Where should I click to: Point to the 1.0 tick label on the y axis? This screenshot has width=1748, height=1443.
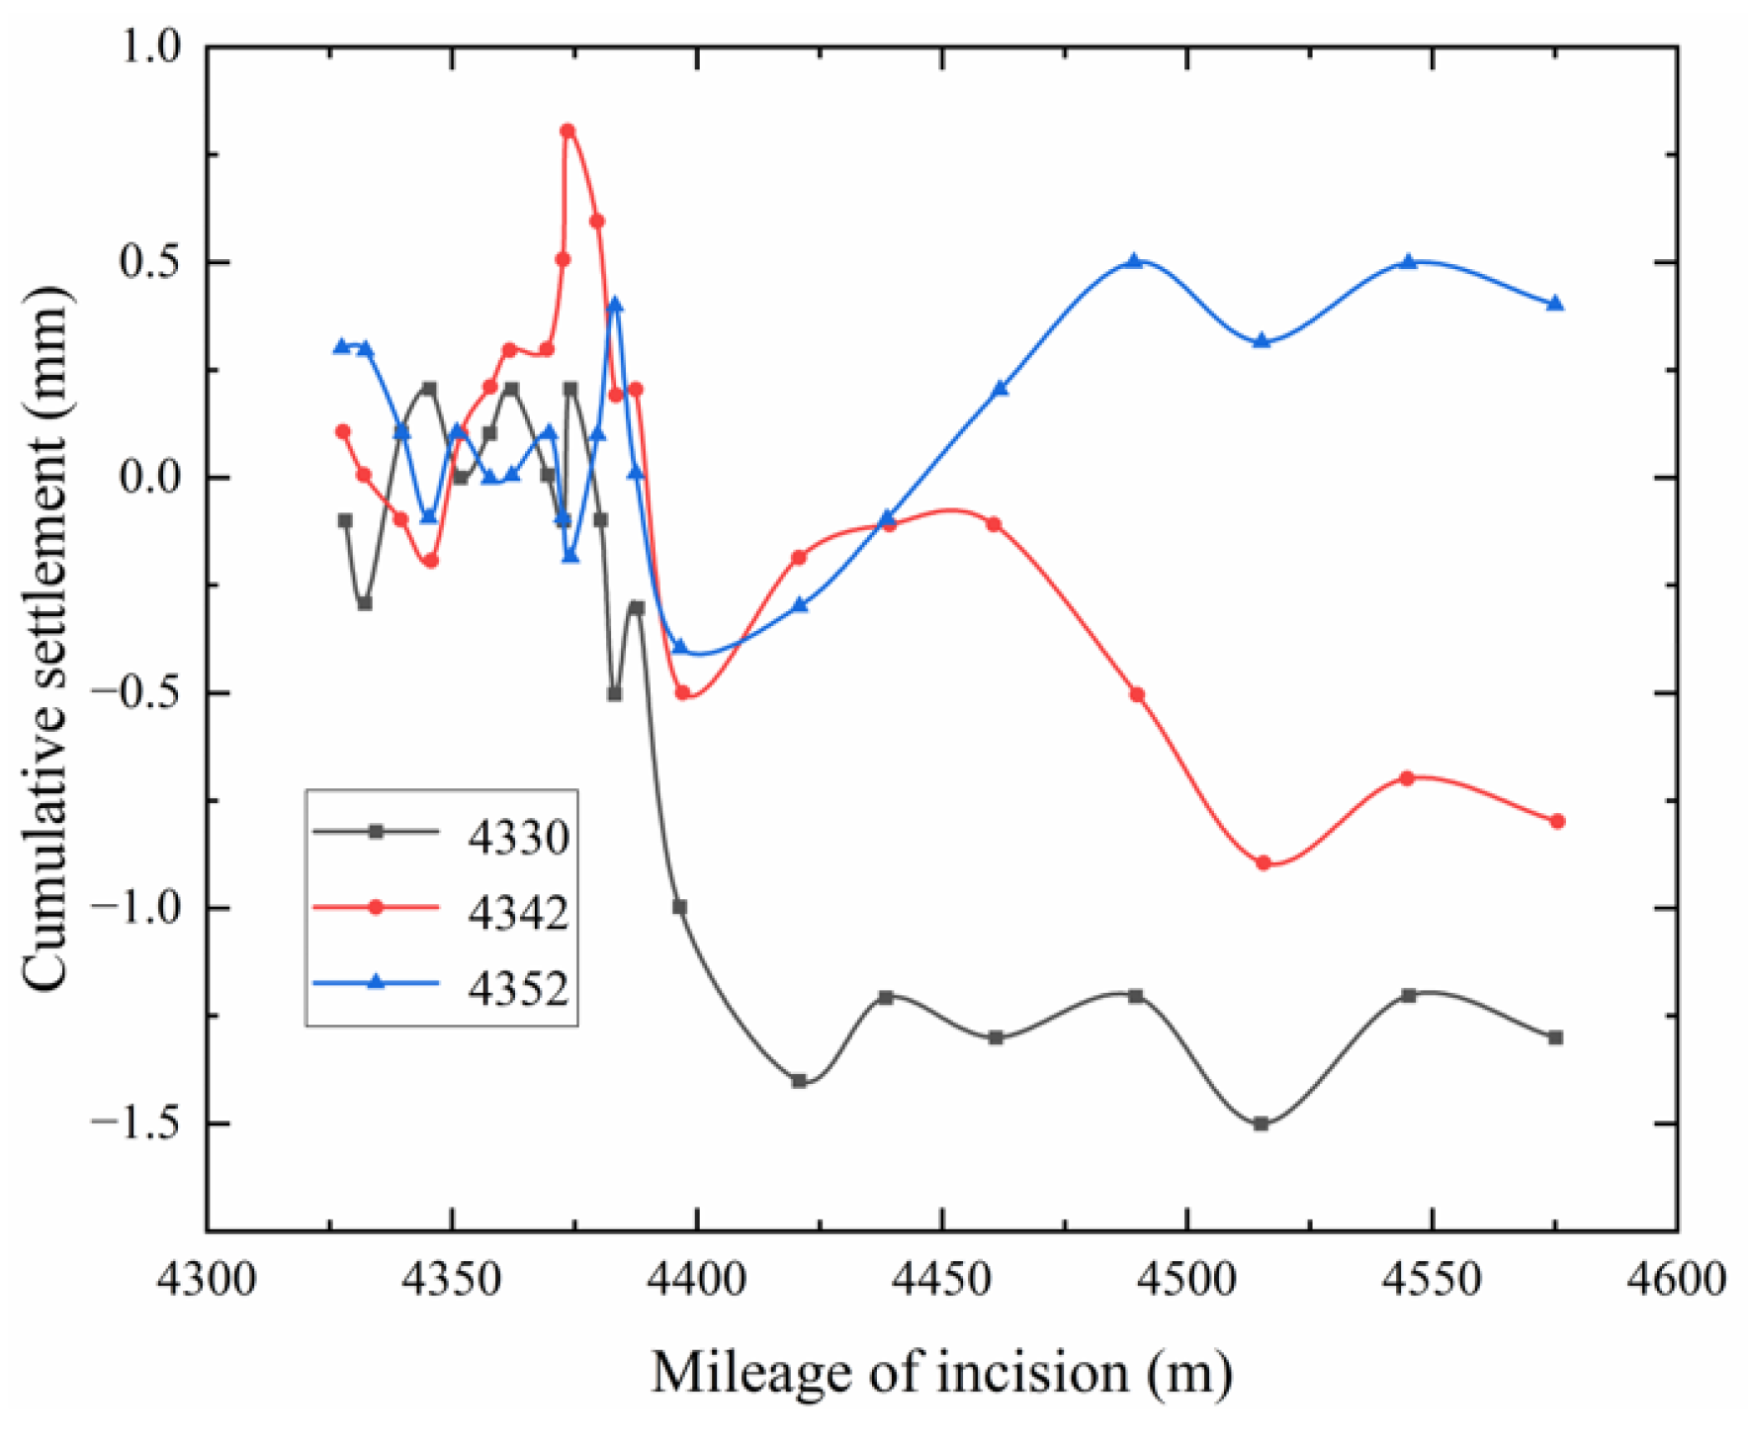coord(150,46)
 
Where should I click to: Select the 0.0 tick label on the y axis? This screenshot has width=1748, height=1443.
coord(150,477)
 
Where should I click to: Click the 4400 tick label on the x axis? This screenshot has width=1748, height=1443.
coord(697,1279)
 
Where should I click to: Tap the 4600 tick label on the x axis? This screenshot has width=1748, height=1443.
coord(1677,1279)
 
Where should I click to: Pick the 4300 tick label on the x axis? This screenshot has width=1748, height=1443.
coord(208,1279)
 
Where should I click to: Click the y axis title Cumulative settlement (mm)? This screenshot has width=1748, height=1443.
coord(46,638)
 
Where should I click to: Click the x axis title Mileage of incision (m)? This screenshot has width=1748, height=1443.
coord(941,1372)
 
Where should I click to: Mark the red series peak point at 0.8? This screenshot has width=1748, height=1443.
coord(568,131)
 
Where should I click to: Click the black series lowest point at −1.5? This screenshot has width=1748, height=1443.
coord(1261,1124)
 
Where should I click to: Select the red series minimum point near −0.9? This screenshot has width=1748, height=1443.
coord(1263,862)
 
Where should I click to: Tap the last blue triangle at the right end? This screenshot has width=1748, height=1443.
coord(1555,304)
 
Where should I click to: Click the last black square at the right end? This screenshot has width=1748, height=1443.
coord(1555,1037)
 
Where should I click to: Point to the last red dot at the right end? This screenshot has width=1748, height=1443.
coord(1557,821)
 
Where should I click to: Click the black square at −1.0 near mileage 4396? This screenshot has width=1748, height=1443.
coord(679,907)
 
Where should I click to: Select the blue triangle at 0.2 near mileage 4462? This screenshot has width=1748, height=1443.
coord(1000,389)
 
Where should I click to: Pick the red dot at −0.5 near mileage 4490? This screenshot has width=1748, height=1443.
coord(1137,694)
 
